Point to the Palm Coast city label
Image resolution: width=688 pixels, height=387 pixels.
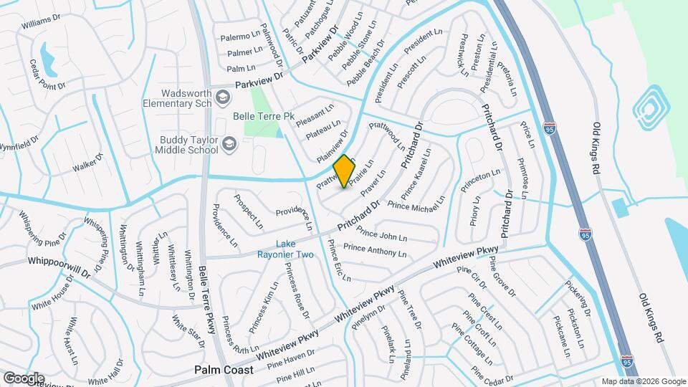click(224, 371)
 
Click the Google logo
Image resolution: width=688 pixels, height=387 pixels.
click(23, 378)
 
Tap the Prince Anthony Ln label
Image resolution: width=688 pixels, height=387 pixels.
click(375, 251)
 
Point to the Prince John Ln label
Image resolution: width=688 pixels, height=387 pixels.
click(381, 234)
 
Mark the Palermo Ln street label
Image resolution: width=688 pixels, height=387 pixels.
click(239, 36)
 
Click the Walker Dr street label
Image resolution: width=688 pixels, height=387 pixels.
click(89, 163)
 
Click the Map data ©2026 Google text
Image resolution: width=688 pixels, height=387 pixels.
click(643, 381)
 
